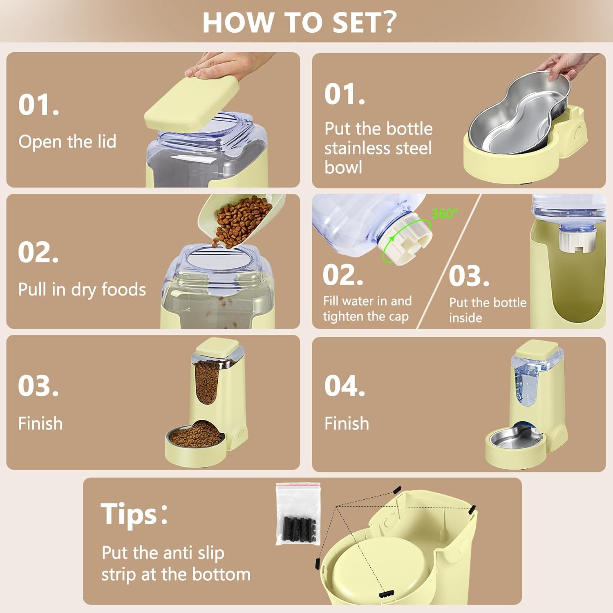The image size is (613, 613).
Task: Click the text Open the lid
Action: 67,142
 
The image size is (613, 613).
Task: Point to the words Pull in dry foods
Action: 82,289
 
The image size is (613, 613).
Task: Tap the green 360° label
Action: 445,214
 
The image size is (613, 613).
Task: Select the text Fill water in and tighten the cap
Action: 367,309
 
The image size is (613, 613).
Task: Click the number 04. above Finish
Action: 345,386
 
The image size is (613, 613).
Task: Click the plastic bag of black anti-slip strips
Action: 298,514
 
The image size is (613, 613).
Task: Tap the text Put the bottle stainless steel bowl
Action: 378,148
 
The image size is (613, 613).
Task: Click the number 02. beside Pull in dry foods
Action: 38,252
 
